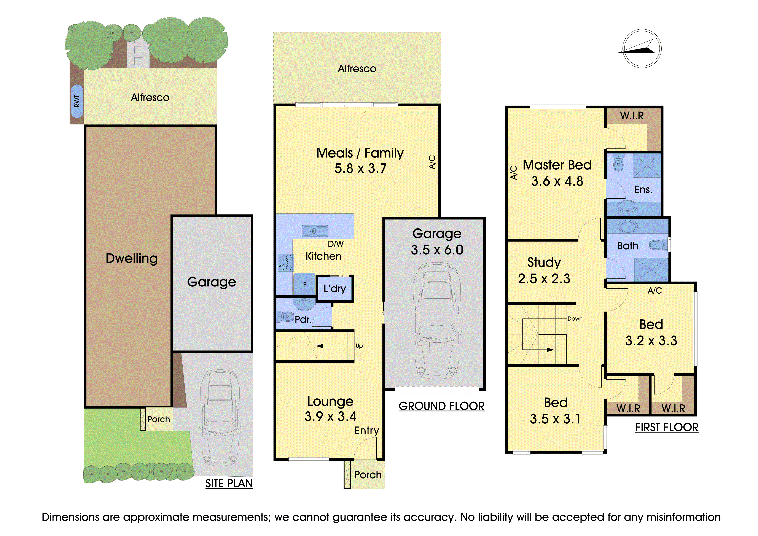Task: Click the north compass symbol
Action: pos(642,49)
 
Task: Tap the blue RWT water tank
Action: pos(77,101)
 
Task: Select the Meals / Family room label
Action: pos(360,153)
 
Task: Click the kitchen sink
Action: pos(315,231)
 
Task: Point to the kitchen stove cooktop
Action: pos(285,262)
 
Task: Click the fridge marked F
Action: pos(304,284)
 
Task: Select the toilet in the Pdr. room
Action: pos(285,317)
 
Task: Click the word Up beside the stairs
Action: pos(359,346)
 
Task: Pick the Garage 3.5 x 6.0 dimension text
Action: pos(437,250)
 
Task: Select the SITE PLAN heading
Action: pos(229,483)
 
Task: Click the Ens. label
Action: pos(643,189)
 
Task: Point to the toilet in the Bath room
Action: pos(658,245)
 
